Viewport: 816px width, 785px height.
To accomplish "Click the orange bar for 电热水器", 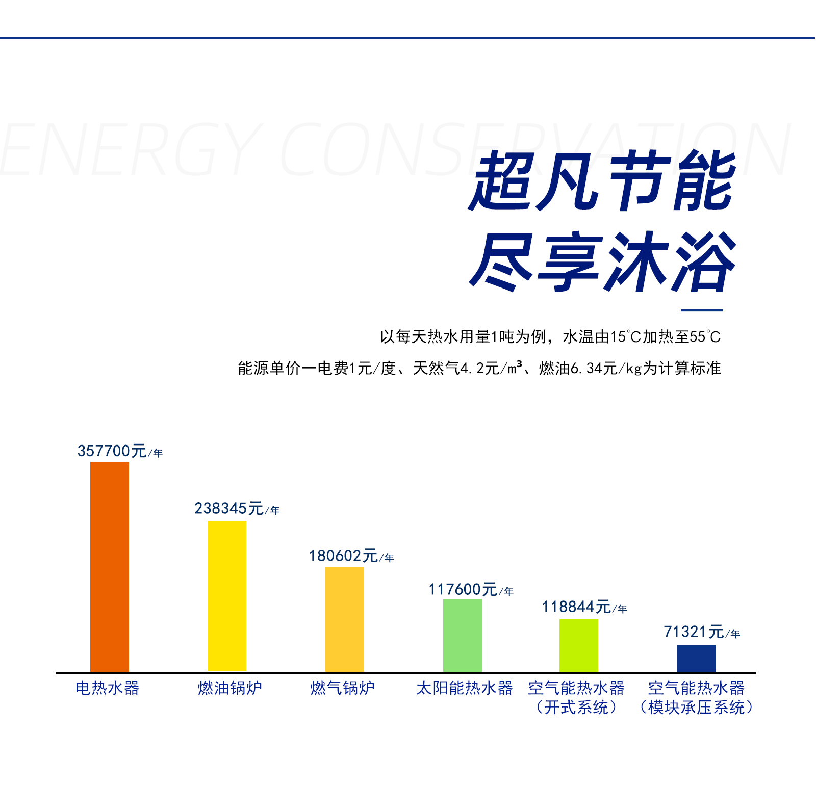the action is [x=110, y=567].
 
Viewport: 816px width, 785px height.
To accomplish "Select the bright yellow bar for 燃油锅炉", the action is [x=227, y=596].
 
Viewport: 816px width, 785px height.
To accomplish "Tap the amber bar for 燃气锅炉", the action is [x=345, y=619].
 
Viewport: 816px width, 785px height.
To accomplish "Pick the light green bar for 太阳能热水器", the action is [x=463, y=636].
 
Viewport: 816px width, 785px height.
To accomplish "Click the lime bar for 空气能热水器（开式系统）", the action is [x=579, y=646].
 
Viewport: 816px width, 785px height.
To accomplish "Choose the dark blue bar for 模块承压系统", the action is [x=697, y=659].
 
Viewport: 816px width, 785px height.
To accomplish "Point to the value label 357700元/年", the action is [x=120, y=451].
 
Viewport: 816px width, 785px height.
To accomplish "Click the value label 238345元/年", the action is [x=237, y=509].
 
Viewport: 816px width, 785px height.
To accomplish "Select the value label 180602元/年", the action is [x=351, y=556].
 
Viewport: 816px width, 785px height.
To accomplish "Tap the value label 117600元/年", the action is [x=471, y=590].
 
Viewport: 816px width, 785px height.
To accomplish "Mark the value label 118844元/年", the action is [x=584, y=607].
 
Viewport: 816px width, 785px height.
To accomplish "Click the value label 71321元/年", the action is [x=702, y=632].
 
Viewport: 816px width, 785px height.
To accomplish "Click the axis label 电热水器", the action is [x=108, y=688].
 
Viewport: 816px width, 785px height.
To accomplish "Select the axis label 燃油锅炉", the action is [x=230, y=688].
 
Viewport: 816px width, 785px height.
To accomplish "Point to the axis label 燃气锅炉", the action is [x=343, y=688].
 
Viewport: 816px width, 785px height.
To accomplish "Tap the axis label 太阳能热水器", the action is [x=465, y=688].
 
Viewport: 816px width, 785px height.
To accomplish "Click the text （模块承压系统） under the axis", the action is [x=697, y=708].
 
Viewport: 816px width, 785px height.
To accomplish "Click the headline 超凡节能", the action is [x=602, y=181].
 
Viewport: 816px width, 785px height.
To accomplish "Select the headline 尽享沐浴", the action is [x=602, y=262].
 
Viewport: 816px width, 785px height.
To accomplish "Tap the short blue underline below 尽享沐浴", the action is [x=702, y=310].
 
